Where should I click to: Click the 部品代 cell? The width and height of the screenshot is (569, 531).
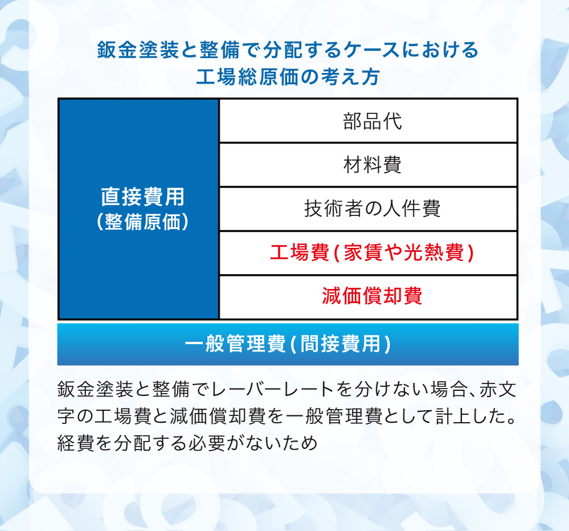[368, 121]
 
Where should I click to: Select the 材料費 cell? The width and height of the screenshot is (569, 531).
[368, 165]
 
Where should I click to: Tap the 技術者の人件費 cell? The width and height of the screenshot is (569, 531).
[368, 209]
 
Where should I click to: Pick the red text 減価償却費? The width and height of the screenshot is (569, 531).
[372, 296]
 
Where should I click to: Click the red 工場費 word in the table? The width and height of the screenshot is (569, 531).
[299, 252]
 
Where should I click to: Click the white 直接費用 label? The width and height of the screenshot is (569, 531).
[143, 197]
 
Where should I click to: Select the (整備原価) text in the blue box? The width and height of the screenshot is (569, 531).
[143, 221]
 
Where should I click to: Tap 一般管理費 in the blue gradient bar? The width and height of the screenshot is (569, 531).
[235, 344]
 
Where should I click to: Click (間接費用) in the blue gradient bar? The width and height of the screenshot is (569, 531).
[340, 344]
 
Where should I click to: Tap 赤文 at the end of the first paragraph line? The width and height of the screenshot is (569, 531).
[498, 389]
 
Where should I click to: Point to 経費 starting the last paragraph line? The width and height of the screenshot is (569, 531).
[76, 443]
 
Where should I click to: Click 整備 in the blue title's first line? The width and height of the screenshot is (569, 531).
[220, 50]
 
